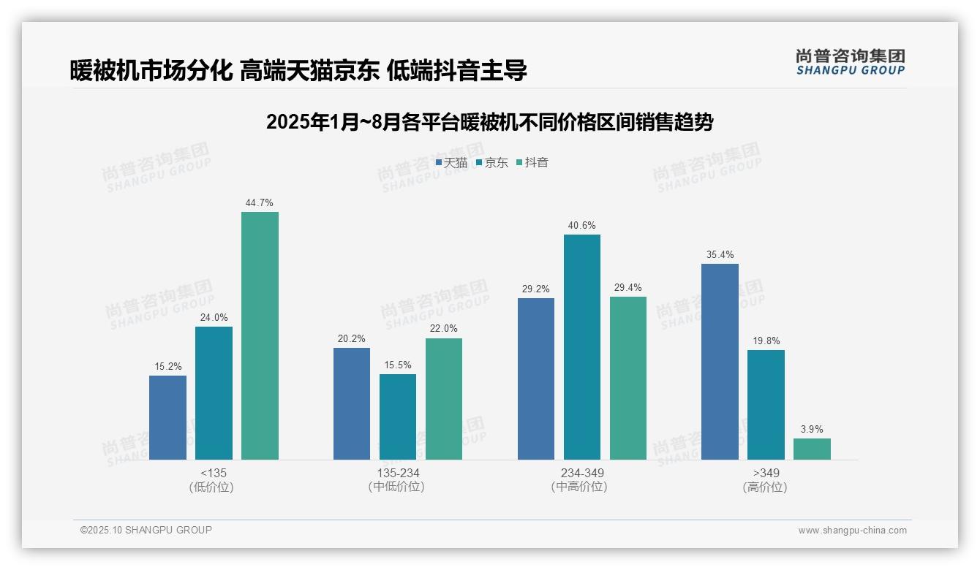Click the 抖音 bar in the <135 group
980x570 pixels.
pos(260,335)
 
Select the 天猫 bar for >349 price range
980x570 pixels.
pos(720,362)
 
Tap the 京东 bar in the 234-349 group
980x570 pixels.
pos(581,347)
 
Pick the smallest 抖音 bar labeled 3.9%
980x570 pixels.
pos(812,449)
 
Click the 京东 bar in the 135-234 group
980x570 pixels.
pos(397,417)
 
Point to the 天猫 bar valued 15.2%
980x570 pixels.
pos(167,417)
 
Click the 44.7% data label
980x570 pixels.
pos(260,203)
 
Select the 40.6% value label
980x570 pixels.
pos(581,226)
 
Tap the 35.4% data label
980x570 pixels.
pos(720,255)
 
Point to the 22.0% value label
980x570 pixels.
pos(443,329)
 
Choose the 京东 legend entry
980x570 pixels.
pos(491,163)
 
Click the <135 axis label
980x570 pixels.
pos(213,473)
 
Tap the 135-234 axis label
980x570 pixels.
pos(397,473)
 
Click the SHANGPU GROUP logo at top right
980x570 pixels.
pos(850,62)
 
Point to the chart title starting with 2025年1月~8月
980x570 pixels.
pos(489,122)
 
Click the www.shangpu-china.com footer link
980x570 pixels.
pos(852,531)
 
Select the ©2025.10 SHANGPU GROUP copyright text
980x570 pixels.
pos(146,530)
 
